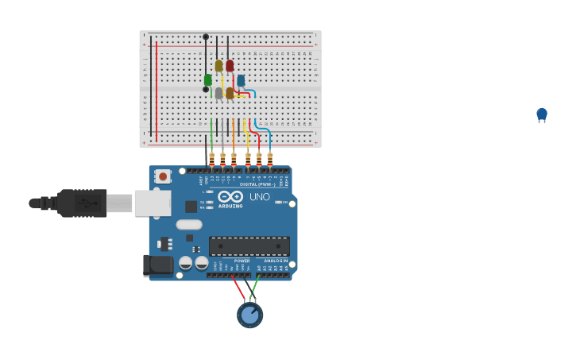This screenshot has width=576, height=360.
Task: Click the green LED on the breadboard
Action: pyautogui.click(x=208, y=80)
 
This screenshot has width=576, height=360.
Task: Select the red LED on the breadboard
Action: pyautogui.click(x=230, y=66)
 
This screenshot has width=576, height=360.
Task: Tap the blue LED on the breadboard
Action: pyautogui.click(x=241, y=80)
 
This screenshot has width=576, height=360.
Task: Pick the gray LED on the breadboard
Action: pyautogui.click(x=218, y=93)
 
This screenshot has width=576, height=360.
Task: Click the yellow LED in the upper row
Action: pyautogui.click(x=218, y=66)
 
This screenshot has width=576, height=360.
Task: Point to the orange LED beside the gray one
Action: pyautogui.click(x=230, y=93)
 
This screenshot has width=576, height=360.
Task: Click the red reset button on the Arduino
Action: pyautogui.click(x=163, y=176)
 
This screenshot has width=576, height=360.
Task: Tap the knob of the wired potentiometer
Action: pyautogui.click(x=249, y=315)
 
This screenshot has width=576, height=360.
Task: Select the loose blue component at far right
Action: pyautogui.click(x=542, y=114)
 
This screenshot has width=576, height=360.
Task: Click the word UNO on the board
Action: pyautogui.click(x=259, y=196)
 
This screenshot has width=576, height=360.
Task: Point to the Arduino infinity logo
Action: pyautogui.click(x=230, y=196)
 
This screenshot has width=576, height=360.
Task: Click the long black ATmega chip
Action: pyautogui.click(x=249, y=246)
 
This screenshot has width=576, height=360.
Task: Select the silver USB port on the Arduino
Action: pyautogui.click(x=153, y=203)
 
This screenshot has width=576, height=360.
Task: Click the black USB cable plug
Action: pyautogui.click(x=83, y=203)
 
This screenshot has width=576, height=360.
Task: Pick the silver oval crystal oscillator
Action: pyautogui.click(x=189, y=225)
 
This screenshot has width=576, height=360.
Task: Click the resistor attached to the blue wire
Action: pyautogui.click(x=270, y=158)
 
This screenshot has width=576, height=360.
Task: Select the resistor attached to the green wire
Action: pyautogui.click(x=211, y=158)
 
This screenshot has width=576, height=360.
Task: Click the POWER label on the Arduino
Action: pyautogui.click(x=242, y=261)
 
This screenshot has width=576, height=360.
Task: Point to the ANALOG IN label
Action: pyautogui.click(x=276, y=261)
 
